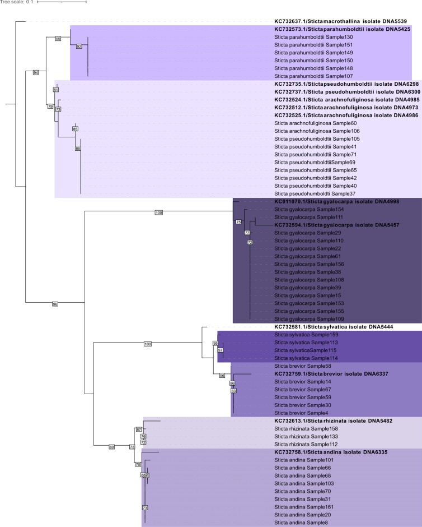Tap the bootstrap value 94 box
click(36, 73)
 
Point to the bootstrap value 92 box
click(79, 46)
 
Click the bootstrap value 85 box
click(75, 129)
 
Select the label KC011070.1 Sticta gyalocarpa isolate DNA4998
click(331, 201)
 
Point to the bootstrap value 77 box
click(247, 232)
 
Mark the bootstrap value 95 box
click(215, 343)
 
